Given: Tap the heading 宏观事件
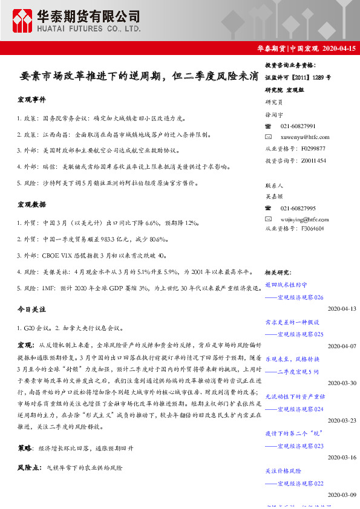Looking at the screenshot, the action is click(x=31, y=99).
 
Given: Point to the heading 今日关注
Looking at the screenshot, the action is click(x=31, y=309).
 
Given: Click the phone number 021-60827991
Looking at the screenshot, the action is click(x=298, y=126).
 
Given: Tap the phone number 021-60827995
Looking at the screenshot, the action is click(x=298, y=207).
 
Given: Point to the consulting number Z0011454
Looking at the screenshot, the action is click(x=312, y=160).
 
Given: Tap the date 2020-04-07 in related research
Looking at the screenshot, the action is click(x=342, y=346).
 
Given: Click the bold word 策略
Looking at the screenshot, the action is click(x=25, y=449).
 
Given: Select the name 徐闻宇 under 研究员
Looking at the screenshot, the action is click(x=273, y=114).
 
